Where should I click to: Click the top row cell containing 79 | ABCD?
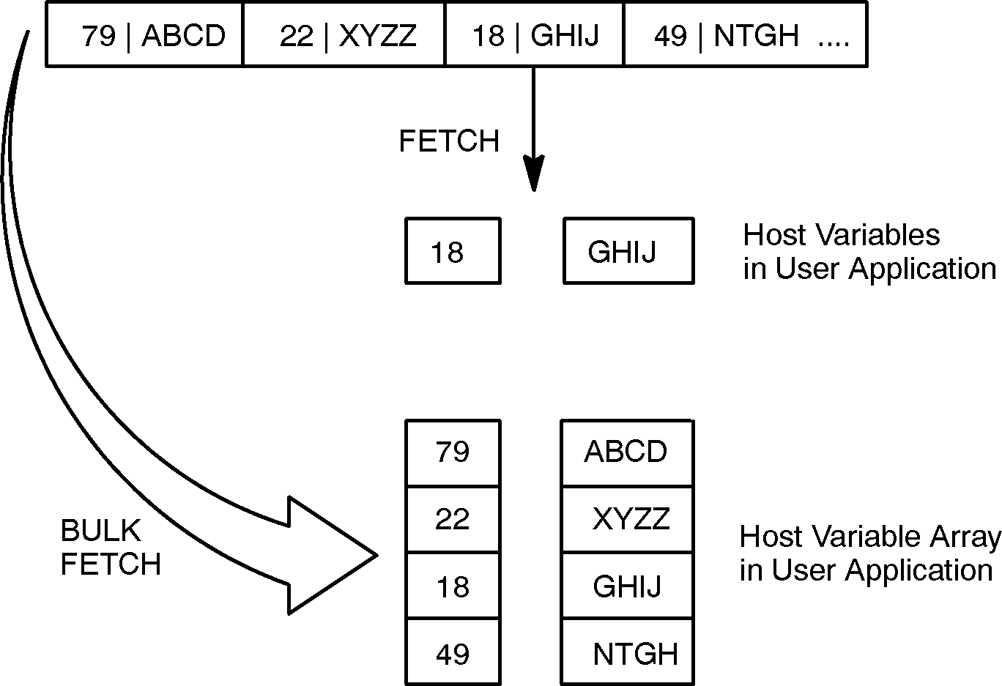pos(144,35)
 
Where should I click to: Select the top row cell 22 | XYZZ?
pos(344,35)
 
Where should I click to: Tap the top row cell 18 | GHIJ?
pos(535,35)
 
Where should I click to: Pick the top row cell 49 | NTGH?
pos(745,35)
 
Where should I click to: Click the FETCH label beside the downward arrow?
pos(449,141)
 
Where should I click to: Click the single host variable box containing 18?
pos(453,251)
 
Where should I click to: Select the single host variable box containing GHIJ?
pos(628,251)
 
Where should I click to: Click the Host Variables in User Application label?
pos(869,252)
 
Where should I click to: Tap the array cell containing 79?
pos(453,453)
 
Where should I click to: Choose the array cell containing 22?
pos(453,520)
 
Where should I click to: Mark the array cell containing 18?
pos(453,586)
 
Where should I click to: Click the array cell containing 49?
pos(453,653)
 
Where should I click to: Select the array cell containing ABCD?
pos(627,453)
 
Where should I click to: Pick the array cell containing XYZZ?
pos(627,520)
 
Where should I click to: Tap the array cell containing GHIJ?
pos(627,586)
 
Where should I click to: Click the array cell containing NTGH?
pos(627,653)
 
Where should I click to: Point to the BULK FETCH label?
pos(110,548)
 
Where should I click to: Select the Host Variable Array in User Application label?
pos(869,553)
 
